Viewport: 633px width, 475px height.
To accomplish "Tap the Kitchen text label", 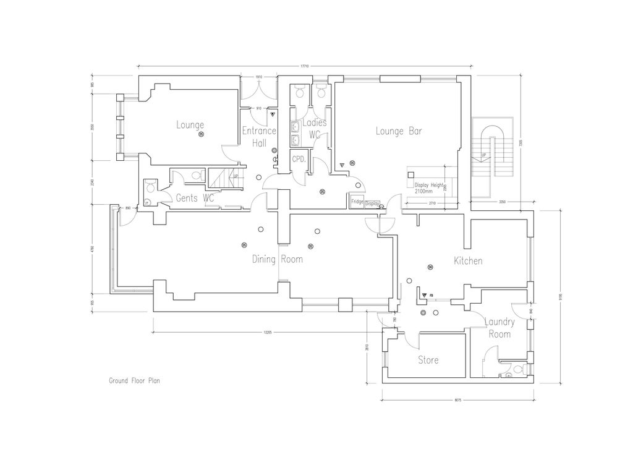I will pyautogui.click(x=468, y=261).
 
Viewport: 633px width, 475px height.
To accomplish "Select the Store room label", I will pyautogui.click(x=428, y=360).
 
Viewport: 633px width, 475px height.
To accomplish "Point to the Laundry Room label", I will pyautogui.click(x=499, y=328).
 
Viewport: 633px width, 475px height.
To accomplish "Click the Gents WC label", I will pyautogui.click(x=195, y=199).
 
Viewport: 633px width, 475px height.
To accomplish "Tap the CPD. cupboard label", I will pyautogui.click(x=300, y=158).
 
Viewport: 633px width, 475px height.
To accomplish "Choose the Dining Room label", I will pyautogui.click(x=277, y=259).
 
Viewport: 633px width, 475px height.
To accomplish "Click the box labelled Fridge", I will pyautogui.click(x=357, y=202).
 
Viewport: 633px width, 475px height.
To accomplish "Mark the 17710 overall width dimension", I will pyautogui.click(x=305, y=65).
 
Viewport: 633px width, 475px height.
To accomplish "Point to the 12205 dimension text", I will pyautogui.click(x=267, y=332).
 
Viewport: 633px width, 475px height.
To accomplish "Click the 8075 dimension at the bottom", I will pyautogui.click(x=457, y=400).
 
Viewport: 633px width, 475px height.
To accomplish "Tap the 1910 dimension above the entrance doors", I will pyautogui.click(x=259, y=77).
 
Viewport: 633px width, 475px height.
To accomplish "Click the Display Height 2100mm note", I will pyautogui.click(x=429, y=188).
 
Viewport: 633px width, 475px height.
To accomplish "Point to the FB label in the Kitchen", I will pyautogui.click(x=431, y=296).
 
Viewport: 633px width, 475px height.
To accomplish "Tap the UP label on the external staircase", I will pyautogui.click(x=483, y=155).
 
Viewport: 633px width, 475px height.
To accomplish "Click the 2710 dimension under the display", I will pyautogui.click(x=431, y=203).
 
